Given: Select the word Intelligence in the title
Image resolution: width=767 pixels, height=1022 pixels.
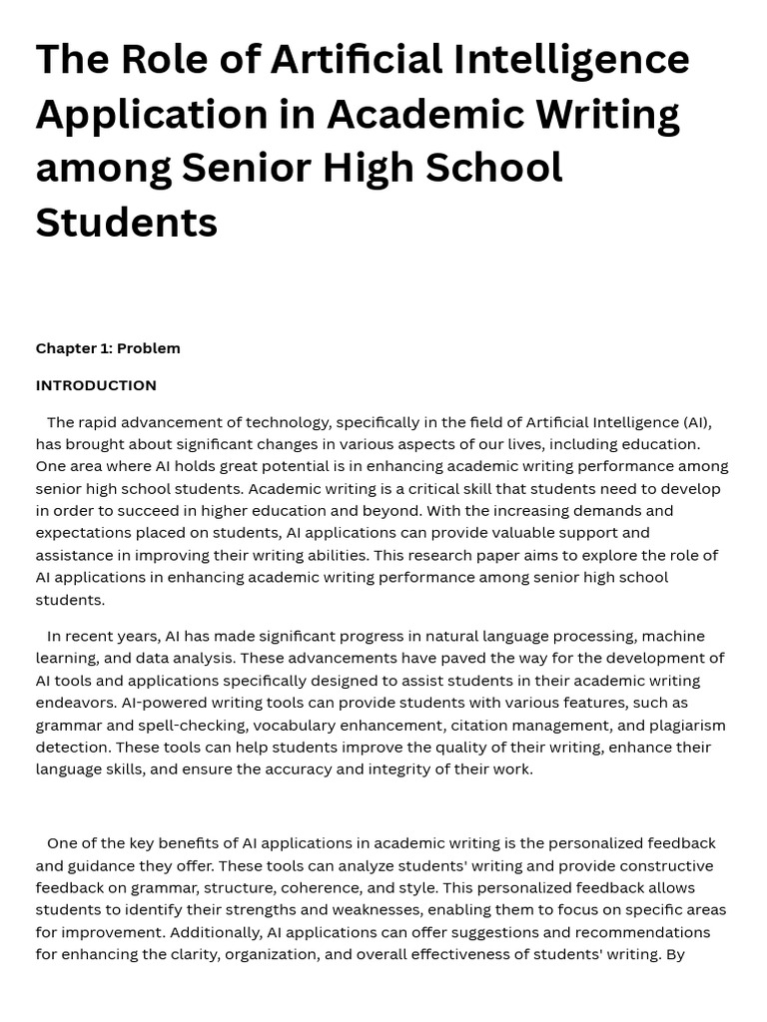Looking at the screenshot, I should tap(571, 60).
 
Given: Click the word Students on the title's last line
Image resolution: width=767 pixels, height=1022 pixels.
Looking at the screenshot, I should tap(127, 222).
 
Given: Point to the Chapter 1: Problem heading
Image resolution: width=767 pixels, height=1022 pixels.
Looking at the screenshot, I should tap(108, 348).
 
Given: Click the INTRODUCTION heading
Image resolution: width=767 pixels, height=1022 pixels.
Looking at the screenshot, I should tap(96, 385).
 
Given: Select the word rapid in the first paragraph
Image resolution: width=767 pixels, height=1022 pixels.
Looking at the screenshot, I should tap(98, 422).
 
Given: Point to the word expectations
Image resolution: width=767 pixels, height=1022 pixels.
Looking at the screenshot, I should tap(83, 533).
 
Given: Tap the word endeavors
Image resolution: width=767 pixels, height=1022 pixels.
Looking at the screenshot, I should tap(75, 703).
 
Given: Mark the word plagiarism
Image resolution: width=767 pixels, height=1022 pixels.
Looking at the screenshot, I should tap(688, 725).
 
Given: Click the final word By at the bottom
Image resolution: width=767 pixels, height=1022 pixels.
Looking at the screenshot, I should tap(675, 954).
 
